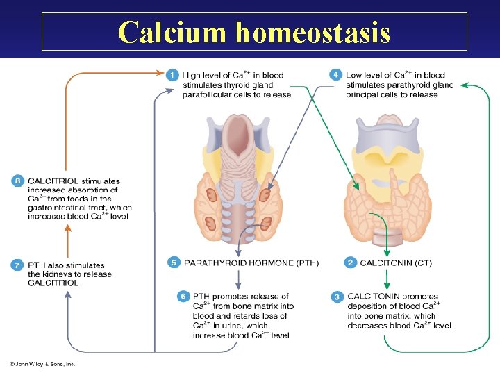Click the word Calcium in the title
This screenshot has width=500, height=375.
(x=173, y=32)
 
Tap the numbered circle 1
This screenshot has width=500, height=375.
(x=173, y=75)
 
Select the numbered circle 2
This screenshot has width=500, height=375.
(x=350, y=262)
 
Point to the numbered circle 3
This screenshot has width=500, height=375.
(x=337, y=297)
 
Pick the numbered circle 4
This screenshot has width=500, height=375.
(x=336, y=75)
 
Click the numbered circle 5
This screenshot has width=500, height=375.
(x=174, y=262)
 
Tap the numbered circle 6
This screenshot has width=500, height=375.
(x=183, y=297)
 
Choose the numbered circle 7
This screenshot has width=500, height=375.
(x=17, y=265)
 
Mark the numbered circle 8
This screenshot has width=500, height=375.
(x=17, y=181)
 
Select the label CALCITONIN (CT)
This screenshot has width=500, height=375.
(x=397, y=263)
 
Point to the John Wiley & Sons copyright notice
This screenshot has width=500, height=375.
(x=42, y=363)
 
